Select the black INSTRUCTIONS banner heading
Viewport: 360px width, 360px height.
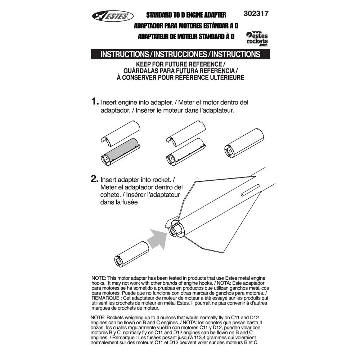click(180, 54)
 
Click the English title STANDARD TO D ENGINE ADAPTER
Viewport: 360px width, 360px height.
click(186, 15)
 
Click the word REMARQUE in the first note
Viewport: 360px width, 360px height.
click(105, 298)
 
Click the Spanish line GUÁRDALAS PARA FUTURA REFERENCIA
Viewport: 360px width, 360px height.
click(180, 71)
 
